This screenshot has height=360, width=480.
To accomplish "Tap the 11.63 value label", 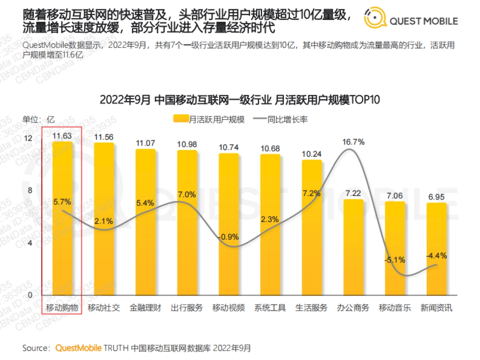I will point(62,136).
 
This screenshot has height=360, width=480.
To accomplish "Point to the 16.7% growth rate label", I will point(353,142).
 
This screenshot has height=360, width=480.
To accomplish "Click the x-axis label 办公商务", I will point(353,308).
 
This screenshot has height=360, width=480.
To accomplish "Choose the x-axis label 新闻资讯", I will point(436,308).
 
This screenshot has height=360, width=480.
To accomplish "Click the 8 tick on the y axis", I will point(29,190).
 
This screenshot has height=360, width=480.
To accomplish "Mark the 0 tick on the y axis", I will point(29,295).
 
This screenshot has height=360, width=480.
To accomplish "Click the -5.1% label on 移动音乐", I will point(395,260).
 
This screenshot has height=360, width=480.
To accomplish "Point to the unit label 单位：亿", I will point(38,120).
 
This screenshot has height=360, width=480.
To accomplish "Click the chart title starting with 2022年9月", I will point(240,100).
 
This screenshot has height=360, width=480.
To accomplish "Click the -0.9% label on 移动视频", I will point(228,237).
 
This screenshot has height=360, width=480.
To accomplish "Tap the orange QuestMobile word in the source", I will point(78,348).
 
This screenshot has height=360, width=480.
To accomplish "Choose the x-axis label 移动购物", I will point(62,308).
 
